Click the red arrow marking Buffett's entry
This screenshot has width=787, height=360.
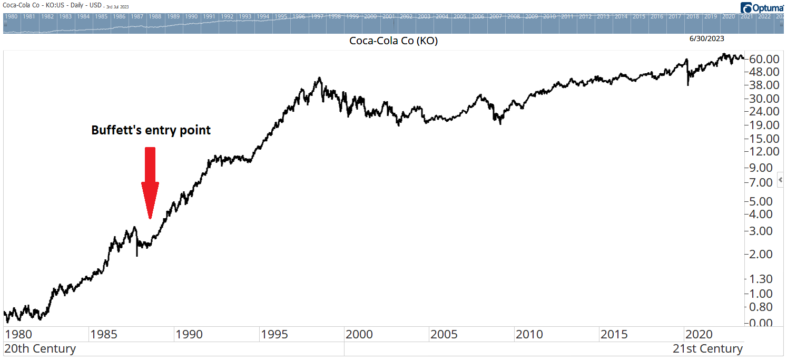[150, 182]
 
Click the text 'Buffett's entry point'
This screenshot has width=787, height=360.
[151, 130]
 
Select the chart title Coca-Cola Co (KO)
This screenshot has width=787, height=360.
[393, 41]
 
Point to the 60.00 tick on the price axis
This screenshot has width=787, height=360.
[764, 58]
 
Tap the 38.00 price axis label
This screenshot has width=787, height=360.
[764, 85]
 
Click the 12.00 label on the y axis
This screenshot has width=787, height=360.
[764, 151]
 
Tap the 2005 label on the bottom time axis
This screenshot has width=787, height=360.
[444, 334]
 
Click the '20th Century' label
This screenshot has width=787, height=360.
[40, 349]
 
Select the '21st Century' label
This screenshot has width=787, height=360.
[707, 349]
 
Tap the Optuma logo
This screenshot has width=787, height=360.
[763, 8]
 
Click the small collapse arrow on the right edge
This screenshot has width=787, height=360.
[781, 180]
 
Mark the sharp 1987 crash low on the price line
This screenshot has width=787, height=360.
[137, 255]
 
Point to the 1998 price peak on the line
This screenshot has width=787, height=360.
[319, 79]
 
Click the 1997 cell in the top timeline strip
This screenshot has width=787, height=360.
[317, 16]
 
